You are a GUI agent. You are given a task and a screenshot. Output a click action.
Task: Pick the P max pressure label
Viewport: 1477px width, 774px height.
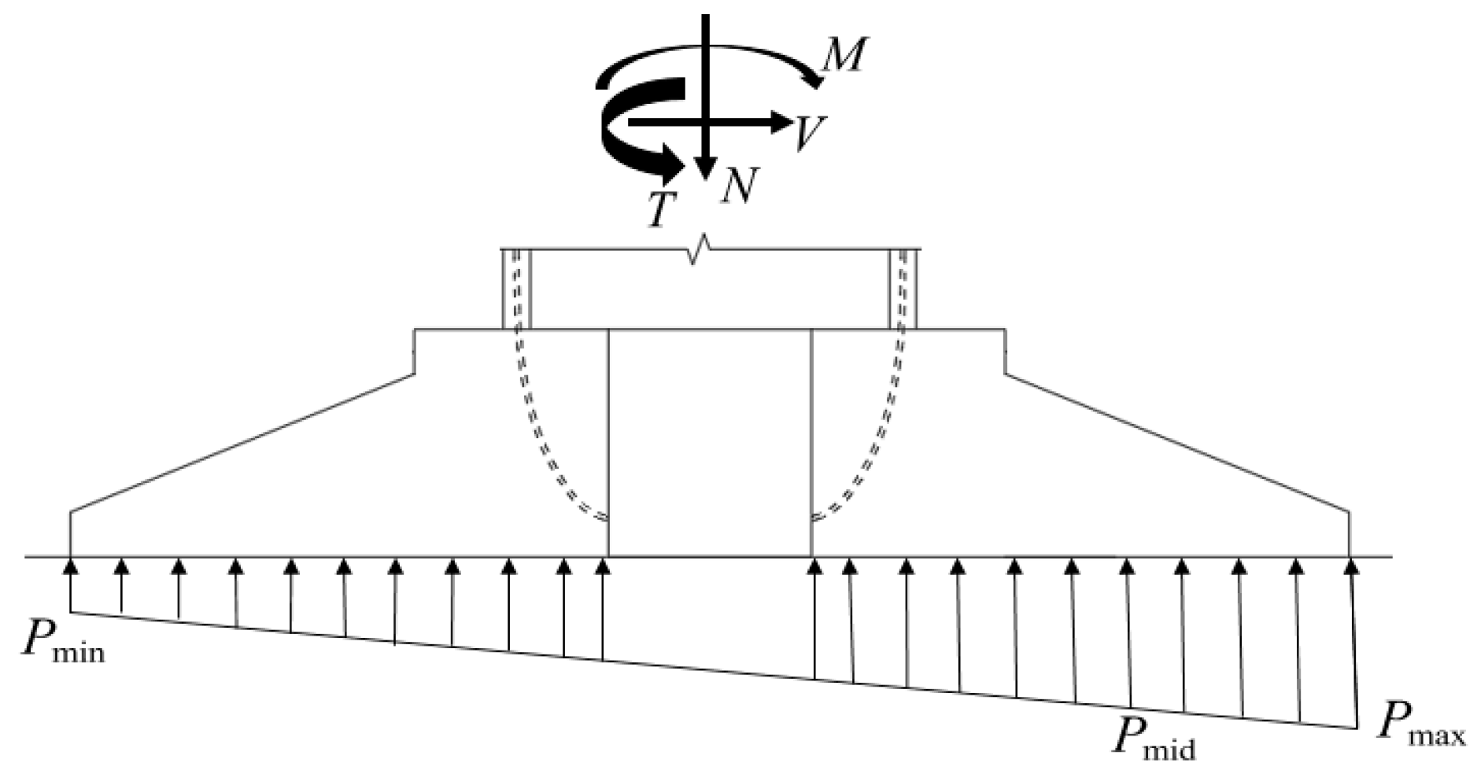point(1420,723)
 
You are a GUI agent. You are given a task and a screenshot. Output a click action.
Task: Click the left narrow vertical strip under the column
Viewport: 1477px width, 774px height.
point(516,289)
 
